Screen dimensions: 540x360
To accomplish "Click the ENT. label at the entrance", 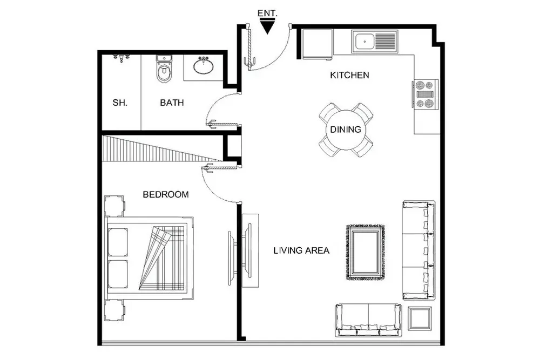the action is [x=267, y=13].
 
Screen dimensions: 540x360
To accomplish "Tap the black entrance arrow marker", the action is [x=267, y=26].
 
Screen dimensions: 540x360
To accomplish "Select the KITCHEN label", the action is [x=349, y=75].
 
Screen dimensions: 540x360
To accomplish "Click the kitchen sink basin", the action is [x=365, y=42].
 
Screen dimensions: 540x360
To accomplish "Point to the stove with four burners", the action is [x=425, y=93].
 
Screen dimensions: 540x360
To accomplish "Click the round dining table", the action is [x=346, y=130].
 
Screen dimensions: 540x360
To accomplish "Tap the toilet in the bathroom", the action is [x=164, y=69].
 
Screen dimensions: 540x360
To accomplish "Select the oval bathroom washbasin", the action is [x=204, y=66].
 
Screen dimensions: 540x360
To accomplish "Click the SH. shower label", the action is [x=120, y=103].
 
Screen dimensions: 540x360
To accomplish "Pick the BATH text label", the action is [x=172, y=103].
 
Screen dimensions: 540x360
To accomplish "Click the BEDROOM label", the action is [x=166, y=194].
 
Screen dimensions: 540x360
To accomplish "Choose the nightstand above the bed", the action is [x=114, y=206].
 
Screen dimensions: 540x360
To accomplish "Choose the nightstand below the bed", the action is [x=114, y=310].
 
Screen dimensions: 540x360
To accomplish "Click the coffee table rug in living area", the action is [x=366, y=252].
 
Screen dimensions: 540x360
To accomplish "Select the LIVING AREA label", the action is [x=301, y=250].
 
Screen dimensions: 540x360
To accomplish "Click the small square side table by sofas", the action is [x=420, y=318].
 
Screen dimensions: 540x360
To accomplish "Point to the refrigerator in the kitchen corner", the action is [x=317, y=44].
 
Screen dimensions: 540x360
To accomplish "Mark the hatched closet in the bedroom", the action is [x=162, y=148].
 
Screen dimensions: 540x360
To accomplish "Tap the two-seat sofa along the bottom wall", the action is [x=368, y=320].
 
